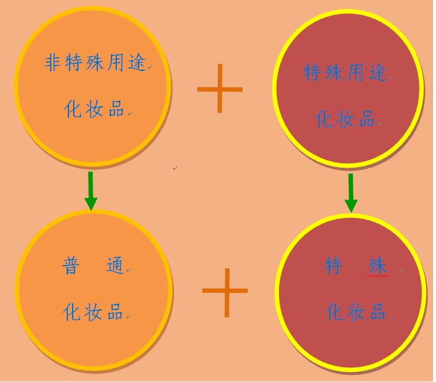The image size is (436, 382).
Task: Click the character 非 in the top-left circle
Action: [x=53, y=63]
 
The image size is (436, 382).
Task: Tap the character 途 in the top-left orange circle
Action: [x=137, y=63]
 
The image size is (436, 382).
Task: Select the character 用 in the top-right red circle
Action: [x=355, y=73]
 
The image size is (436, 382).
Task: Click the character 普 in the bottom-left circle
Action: [x=70, y=266]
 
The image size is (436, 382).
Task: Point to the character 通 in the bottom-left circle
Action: [x=115, y=266]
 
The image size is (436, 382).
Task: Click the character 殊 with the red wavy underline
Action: [x=378, y=266]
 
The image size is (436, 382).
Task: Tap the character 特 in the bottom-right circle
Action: [x=333, y=266]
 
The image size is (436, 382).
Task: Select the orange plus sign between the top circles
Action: [x=219, y=89]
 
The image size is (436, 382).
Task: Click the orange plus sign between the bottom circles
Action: [x=225, y=293]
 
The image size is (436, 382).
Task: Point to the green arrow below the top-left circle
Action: [x=91, y=191]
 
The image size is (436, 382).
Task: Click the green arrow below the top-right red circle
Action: [x=351, y=194]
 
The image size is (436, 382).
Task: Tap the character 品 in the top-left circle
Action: [x=116, y=109]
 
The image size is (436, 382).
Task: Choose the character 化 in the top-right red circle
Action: [x=324, y=119]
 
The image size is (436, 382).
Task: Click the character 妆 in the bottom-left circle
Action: [x=93, y=312]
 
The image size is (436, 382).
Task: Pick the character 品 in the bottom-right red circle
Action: [x=378, y=312]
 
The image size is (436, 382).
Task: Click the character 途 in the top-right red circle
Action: [x=378, y=73]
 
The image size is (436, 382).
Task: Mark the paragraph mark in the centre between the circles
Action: [x=175, y=168]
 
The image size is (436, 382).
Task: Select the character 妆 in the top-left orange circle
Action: [x=94, y=109]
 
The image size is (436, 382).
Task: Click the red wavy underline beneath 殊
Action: [x=378, y=276]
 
